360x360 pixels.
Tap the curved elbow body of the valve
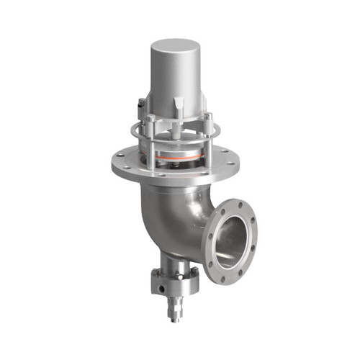click(x=173, y=216)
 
